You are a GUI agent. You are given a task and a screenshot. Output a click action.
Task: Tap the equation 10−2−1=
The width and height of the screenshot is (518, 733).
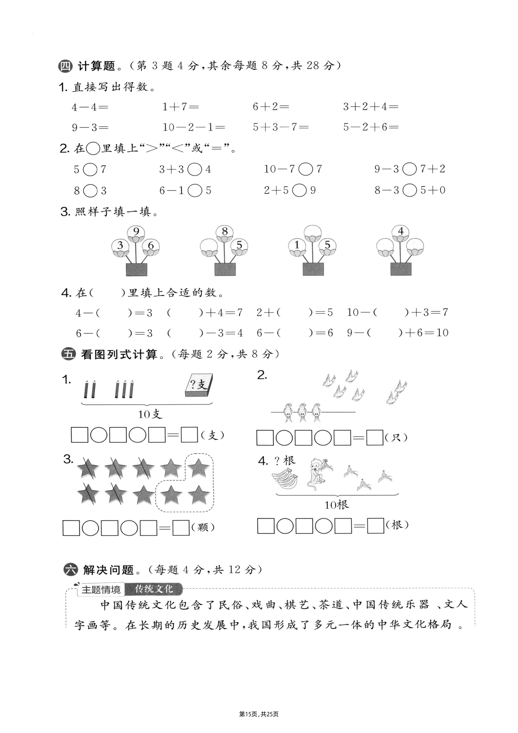coord(194,127)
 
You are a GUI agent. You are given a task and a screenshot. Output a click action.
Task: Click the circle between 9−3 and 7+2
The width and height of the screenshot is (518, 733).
coord(410,169)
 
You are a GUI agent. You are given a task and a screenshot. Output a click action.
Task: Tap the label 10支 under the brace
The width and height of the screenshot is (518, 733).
coord(150,414)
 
